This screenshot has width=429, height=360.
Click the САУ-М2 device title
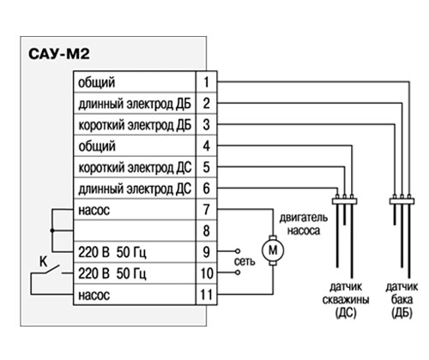59,54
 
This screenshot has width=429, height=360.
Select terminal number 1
206,82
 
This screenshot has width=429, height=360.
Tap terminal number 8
206,231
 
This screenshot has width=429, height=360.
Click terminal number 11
206,295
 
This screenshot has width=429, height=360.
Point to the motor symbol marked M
273,250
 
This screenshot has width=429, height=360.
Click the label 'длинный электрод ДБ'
135,104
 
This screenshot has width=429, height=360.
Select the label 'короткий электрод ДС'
135,168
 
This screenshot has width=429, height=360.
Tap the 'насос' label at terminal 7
94,211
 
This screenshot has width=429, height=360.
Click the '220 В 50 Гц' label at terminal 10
112,273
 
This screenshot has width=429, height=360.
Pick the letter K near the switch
43,261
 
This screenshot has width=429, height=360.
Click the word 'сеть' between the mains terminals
245,261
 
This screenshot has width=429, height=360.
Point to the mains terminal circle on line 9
238,251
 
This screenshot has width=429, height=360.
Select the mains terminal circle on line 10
238,273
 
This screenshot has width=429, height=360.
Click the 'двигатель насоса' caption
304,225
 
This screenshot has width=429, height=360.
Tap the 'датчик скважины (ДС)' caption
346,300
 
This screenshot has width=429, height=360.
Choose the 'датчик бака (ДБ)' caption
402,300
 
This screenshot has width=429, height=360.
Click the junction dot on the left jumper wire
52,231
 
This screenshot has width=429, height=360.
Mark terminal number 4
206,146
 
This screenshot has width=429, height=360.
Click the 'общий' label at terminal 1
97,83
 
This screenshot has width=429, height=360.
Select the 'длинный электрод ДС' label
135,189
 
